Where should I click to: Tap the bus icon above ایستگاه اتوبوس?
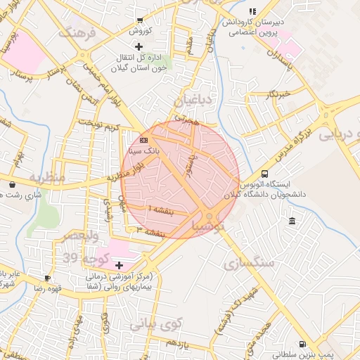coord(264,174)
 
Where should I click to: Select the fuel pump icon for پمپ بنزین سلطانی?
coord(302,344)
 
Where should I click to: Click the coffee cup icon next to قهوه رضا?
coord(47,278)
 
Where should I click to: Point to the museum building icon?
coord(292,222)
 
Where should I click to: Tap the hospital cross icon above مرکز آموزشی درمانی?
coord(119,264)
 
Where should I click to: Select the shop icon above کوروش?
coord(140,20)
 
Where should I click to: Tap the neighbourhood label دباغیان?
coord(193,99)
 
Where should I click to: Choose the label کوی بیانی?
coord(156,324)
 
